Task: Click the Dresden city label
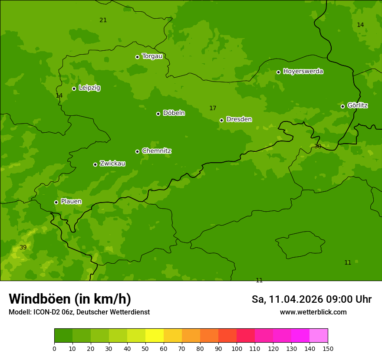pos(239,119)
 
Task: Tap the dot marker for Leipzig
pos(74,88)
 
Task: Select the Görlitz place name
pos(357,105)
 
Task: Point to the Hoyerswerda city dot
pos(278,72)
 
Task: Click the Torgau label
pos(152,56)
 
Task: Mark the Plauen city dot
pos(56,202)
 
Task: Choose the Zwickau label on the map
pos(112,164)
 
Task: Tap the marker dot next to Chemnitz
pos(137,151)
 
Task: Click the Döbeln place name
pos(174,113)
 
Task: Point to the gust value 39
pos(23,247)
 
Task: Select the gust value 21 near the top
pos(103,20)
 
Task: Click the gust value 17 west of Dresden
pos(213,108)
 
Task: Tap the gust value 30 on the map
pos(318,147)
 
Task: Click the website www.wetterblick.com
pos(313,312)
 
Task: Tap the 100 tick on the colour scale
pos(237,348)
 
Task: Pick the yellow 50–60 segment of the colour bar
pos(155,335)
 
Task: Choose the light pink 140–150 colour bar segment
pos(319,335)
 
